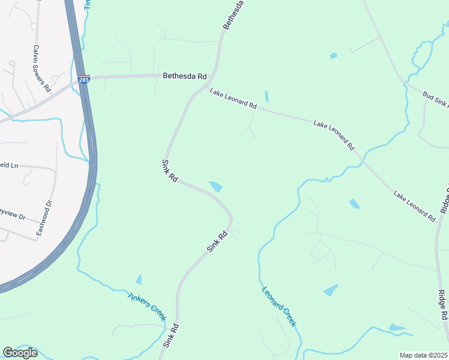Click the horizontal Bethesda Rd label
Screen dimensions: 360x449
pos(184,76)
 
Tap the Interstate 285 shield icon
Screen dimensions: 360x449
pos(83,79)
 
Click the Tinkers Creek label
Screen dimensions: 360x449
pos(146,305)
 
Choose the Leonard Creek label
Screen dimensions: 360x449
pos(279,306)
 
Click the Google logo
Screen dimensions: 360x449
pos(20,353)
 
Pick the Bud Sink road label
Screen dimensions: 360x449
pos(435,99)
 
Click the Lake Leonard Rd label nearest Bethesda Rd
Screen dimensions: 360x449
pos(233,98)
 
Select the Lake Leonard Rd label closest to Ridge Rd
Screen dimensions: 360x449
pos(414,206)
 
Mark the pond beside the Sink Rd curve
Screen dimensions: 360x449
pos(215,187)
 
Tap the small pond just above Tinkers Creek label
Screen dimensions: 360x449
pos(139,279)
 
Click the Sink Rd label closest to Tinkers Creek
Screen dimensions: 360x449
pos(171,336)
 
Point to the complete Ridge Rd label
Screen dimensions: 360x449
pos(442,305)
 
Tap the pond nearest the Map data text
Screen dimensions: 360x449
pos(396,328)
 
